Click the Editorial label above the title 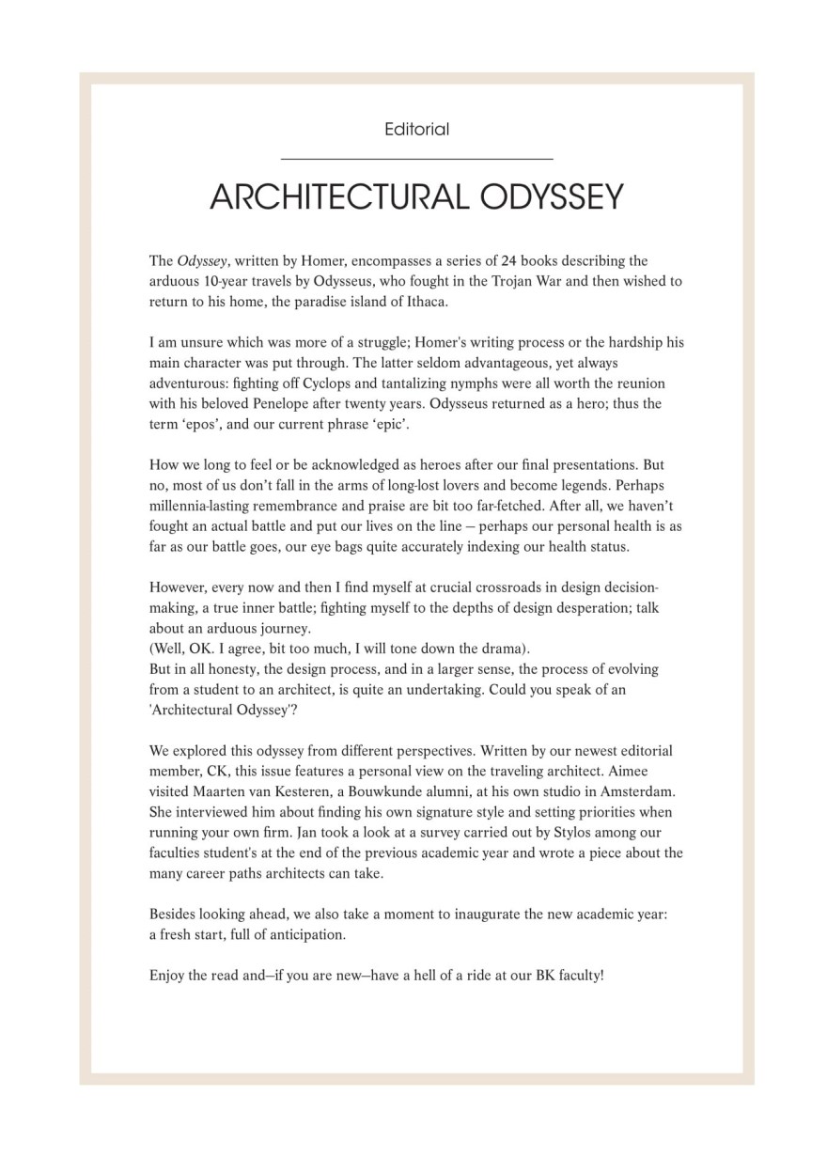coord(416,130)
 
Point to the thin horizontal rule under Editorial coord(416,159)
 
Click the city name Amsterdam coord(635,792)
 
